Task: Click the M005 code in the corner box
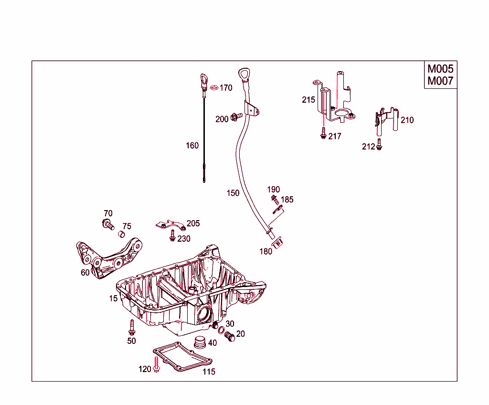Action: (440, 69)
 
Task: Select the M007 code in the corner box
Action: (440, 81)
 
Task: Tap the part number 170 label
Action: (226, 88)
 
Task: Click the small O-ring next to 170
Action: (214, 87)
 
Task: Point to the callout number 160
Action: (192, 146)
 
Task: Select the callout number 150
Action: (233, 193)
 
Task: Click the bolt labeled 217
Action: (323, 134)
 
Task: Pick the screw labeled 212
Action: (379, 144)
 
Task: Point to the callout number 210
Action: (407, 120)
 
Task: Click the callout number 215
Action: (308, 100)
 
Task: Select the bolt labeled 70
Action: (108, 224)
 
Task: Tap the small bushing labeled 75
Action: (121, 234)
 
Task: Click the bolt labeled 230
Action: (172, 235)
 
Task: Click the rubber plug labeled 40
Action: (199, 342)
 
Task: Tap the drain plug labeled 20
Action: (231, 337)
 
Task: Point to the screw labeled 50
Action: (131, 327)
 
